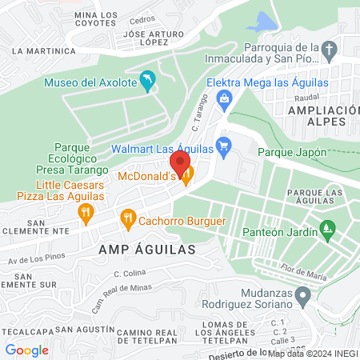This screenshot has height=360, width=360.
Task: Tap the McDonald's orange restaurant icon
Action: pyautogui.click(x=187, y=175)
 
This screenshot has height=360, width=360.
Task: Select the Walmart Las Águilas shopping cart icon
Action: pyautogui.click(x=225, y=147)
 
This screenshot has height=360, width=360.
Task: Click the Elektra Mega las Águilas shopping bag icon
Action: pyautogui.click(x=225, y=98)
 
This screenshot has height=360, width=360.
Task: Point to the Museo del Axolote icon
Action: pyautogui.click(x=147, y=80)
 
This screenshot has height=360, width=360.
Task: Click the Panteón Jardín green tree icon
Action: pyautogui.click(x=326, y=230)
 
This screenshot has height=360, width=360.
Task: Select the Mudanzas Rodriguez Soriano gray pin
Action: pyautogui.click(x=302, y=297)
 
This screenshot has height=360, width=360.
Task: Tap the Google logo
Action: pyautogui.click(x=26, y=350)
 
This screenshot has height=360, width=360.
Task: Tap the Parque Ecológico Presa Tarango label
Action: pyautogui.click(x=70, y=158)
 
